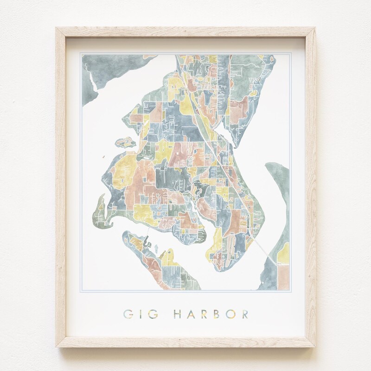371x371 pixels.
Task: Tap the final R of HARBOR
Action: pyautogui.click(x=244, y=314)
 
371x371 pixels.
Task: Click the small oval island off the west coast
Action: pyautogui.click(x=123, y=141)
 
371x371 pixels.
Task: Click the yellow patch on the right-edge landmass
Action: pyautogui.click(x=281, y=241)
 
